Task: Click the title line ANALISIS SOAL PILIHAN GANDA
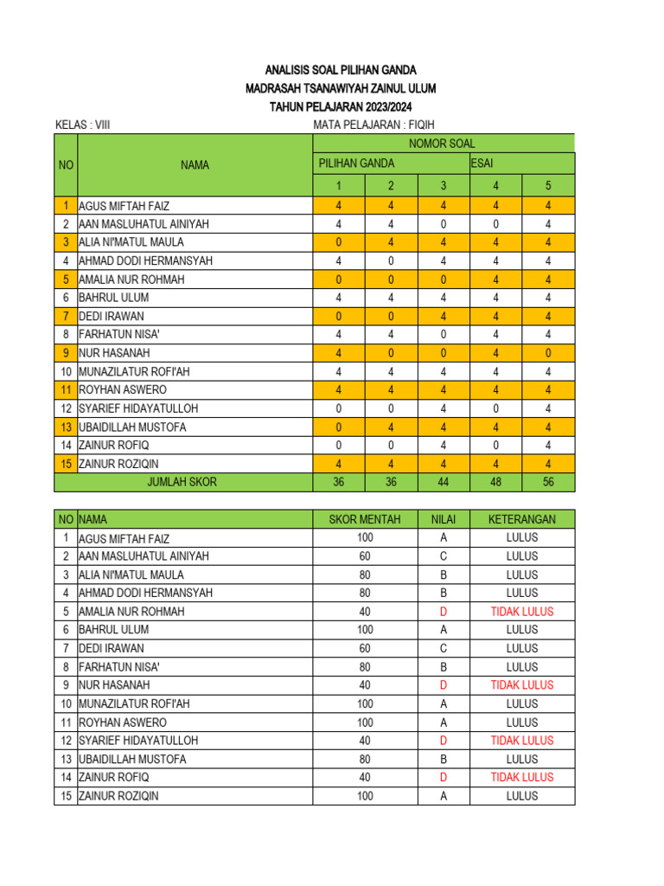pos(341,70)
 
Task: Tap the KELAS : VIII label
pos(82,125)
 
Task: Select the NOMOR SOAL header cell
pos(442,144)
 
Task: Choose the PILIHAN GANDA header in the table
pos(357,163)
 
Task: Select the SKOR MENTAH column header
pos(365,519)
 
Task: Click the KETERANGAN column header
pos(521,519)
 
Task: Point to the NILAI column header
pos(443,519)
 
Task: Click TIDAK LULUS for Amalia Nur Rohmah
pos(521,612)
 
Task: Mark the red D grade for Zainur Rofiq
pos(443,777)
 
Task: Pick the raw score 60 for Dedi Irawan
pos(365,648)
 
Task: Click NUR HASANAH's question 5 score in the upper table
pos(547,353)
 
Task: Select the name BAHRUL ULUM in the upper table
pos(113,298)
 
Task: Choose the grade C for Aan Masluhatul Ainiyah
pos(443,556)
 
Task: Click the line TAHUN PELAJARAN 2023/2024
pos(341,106)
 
